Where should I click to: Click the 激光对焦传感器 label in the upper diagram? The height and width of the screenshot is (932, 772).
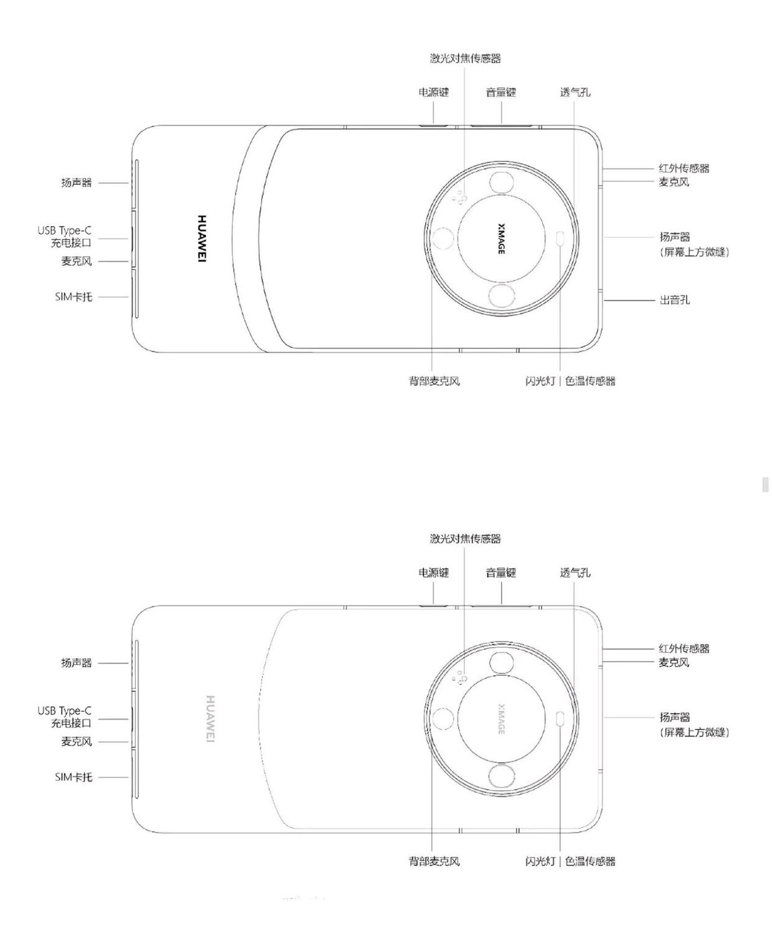pyautogui.click(x=465, y=58)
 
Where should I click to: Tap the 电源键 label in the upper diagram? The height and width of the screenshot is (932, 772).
pyautogui.click(x=433, y=93)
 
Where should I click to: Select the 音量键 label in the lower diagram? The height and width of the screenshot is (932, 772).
pyautogui.click(x=501, y=572)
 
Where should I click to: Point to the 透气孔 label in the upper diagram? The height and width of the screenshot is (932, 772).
pyautogui.click(x=575, y=93)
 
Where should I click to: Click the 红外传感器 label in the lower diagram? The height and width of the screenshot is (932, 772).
pyautogui.click(x=684, y=649)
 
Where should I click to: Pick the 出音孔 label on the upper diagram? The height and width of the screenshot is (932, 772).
pyautogui.click(x=674, y=299)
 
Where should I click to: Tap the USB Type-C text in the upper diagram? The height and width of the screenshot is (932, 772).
pyautogui.click(x=65, y=231)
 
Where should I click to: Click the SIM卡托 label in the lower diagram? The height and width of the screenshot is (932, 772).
pyautogui.click(x=74, y=777)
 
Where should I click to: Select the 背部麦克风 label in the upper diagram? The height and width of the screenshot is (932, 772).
pyautogui.click(x=434, y=381)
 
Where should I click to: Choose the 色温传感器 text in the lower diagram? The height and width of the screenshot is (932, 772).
pyautogui.click(x=590, y=861)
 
